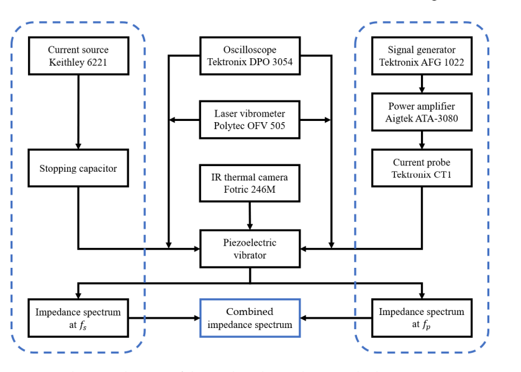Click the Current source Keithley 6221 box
(x=78, y=56)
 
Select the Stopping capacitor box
(x=78, y=168)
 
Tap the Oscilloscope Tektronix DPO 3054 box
(x=250, y=56)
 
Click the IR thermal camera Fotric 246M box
(x=250, y=184)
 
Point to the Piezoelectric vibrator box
(x=250, y=249)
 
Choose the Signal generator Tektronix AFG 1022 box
(x=422, y=56)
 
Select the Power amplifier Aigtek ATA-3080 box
(x=422, y=113)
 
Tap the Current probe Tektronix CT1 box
(x=422, y=168)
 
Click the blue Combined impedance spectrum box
(x=250, y=317)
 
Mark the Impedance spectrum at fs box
(x=78, y=317)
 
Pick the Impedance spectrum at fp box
(x=422, y=317)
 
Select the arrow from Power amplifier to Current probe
(x=422, y=141)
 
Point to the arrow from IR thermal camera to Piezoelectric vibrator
(x=250, y=216)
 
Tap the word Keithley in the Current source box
(x=66, y=62)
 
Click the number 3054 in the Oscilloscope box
(x=280, y=62)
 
